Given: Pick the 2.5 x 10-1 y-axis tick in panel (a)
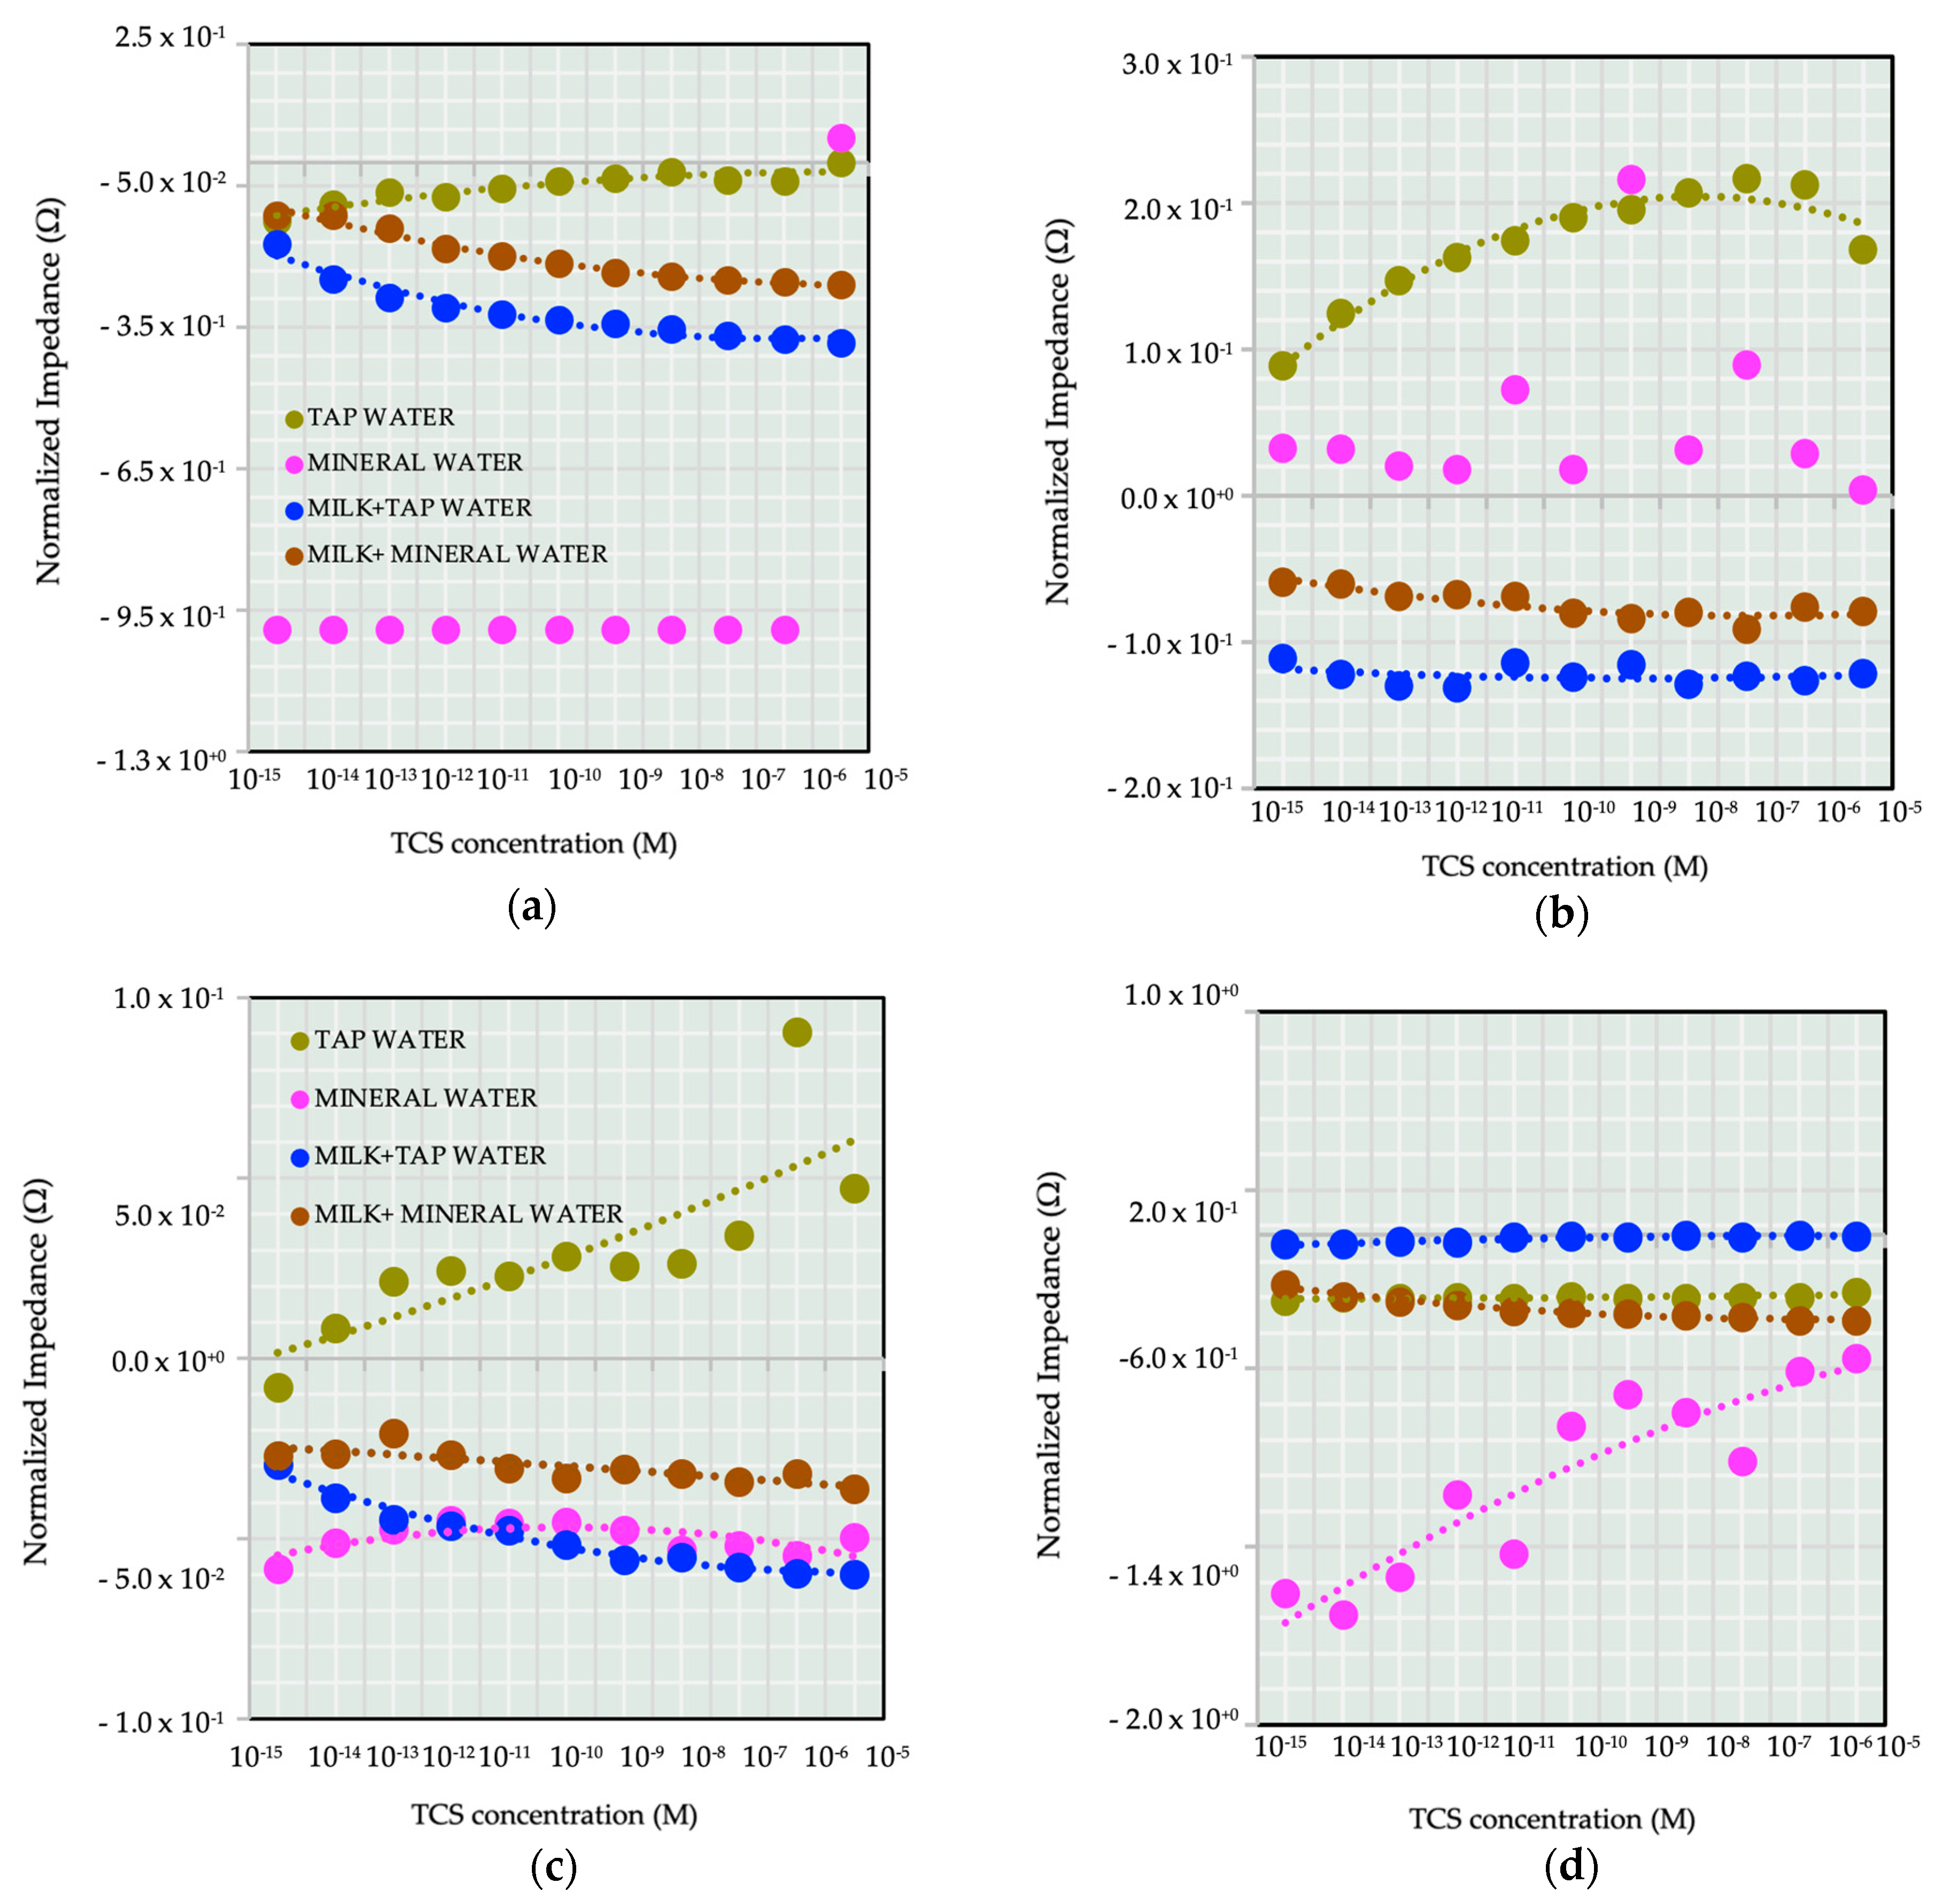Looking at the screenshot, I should coord(169,38).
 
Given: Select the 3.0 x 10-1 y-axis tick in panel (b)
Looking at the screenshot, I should coord(1177,64).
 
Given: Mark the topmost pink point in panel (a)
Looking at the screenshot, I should coord(841,138).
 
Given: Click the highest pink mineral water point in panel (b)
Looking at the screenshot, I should coord(1630,180).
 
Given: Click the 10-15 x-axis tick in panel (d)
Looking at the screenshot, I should coord(1280,1746).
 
